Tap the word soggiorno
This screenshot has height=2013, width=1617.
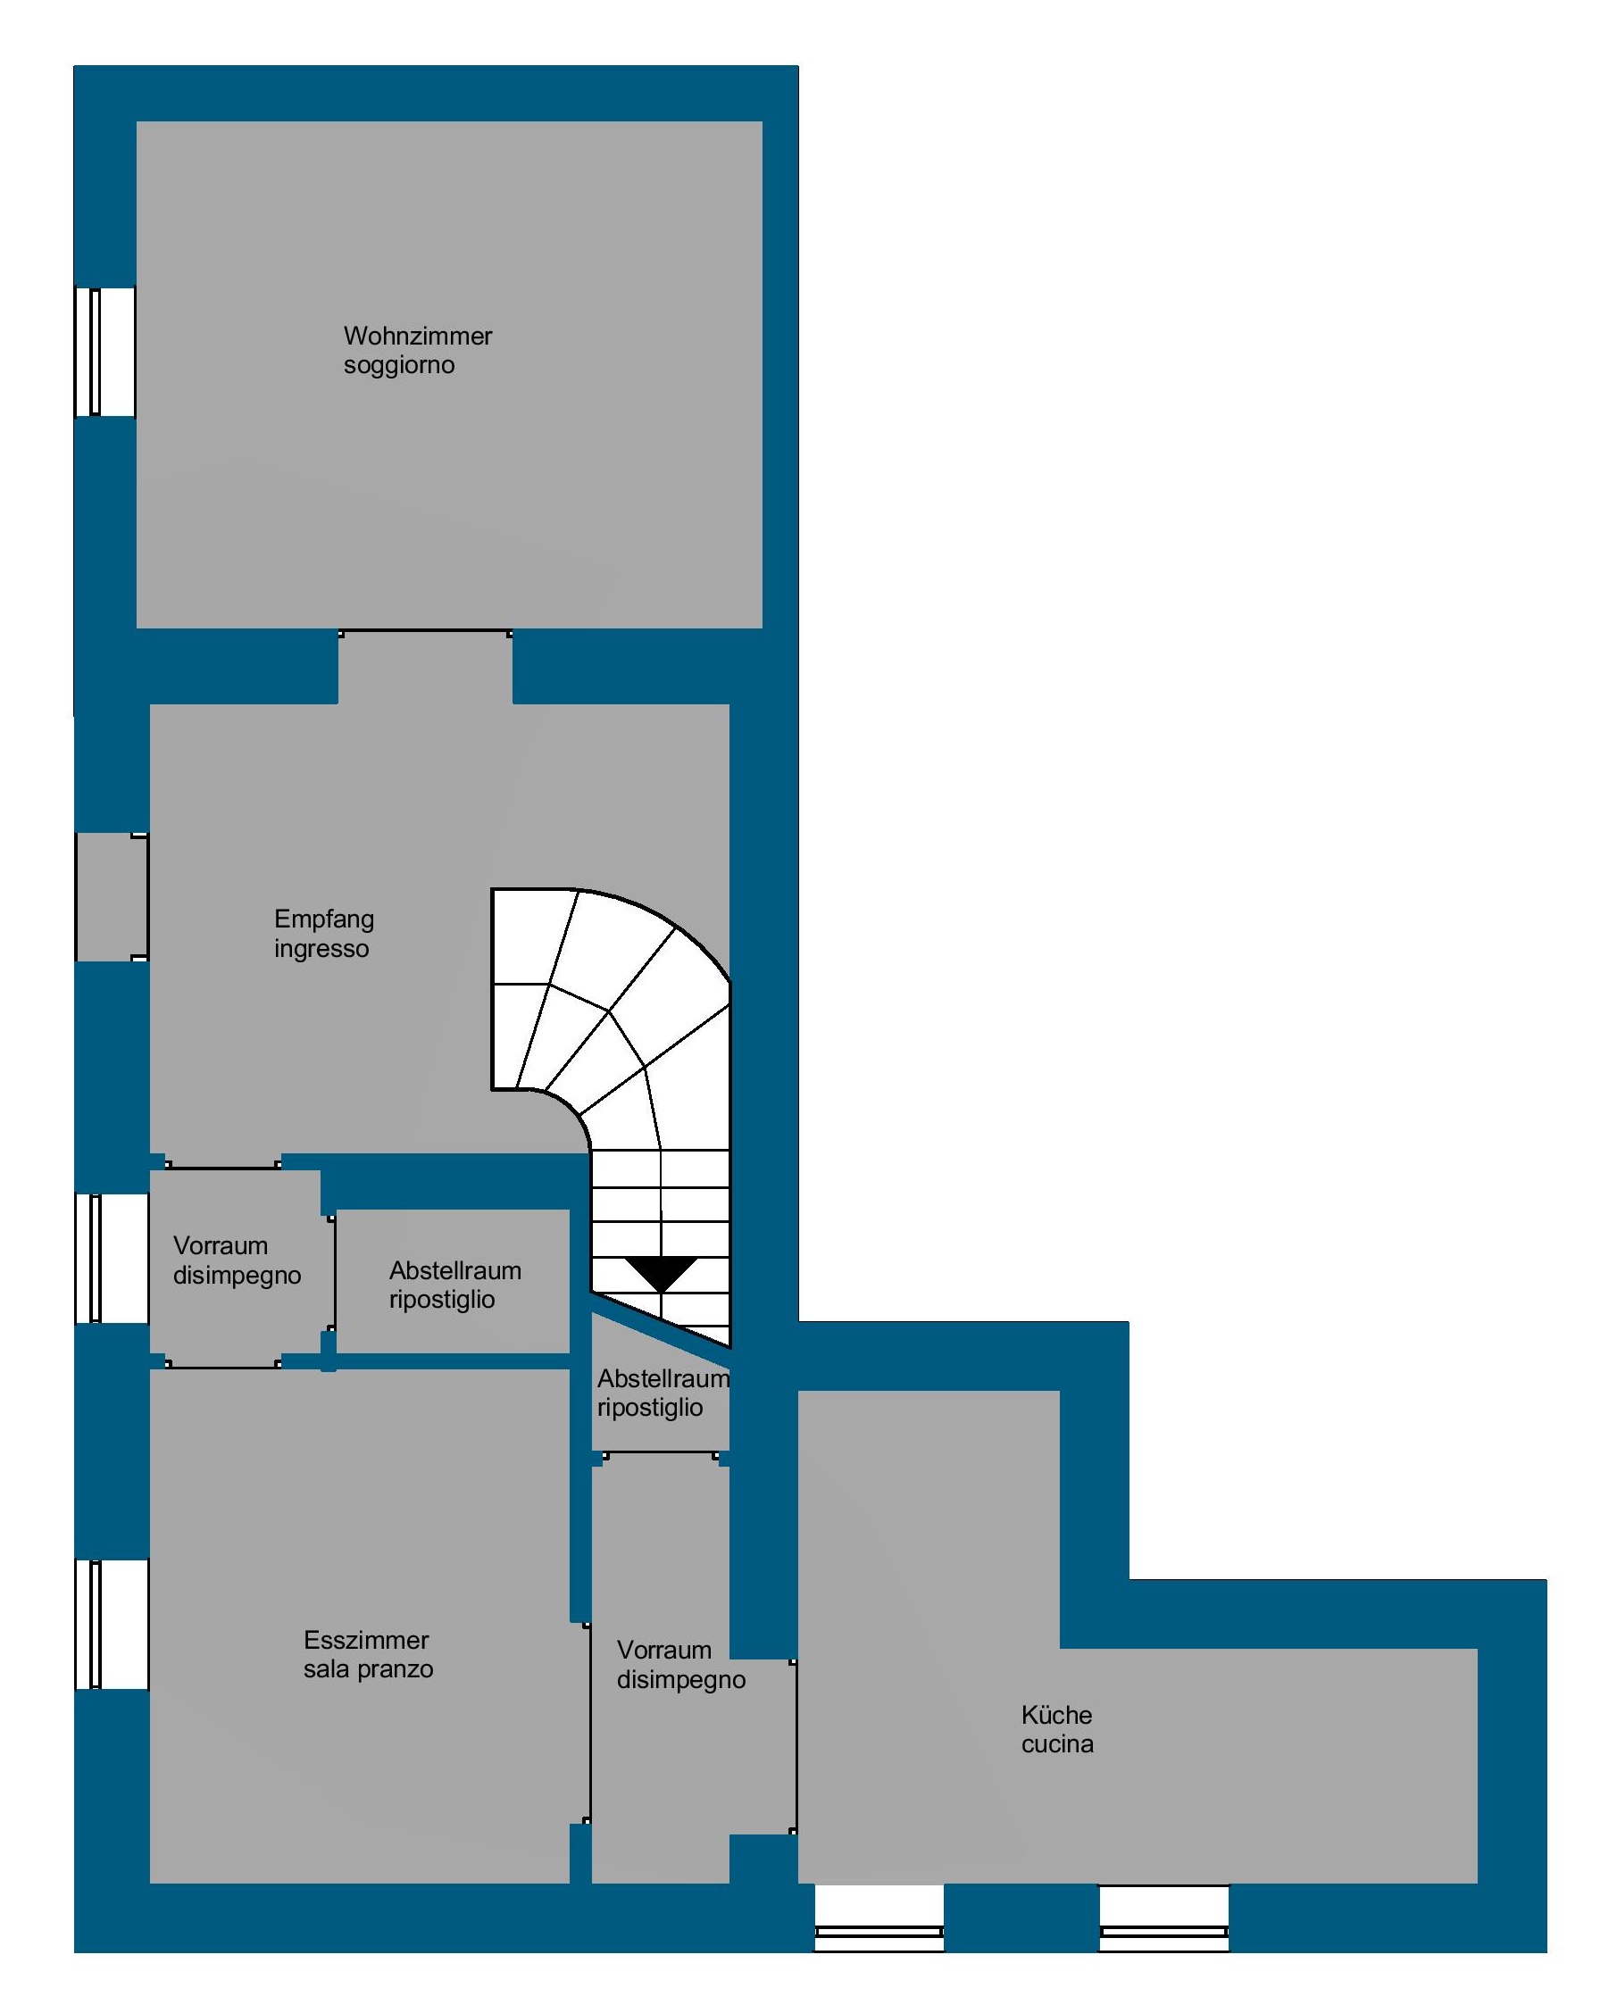pos(399,365)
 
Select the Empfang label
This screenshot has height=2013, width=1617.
pos(324,919)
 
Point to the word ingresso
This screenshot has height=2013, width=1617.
pos(321,950)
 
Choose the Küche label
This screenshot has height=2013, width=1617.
pos(1056,1715)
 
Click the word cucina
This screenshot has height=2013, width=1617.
pos(1057,1744)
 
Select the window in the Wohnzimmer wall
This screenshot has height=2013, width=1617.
pos(105,351)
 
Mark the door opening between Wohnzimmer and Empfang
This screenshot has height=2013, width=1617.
pos(425,667)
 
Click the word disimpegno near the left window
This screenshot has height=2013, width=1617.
pos(238,1277)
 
